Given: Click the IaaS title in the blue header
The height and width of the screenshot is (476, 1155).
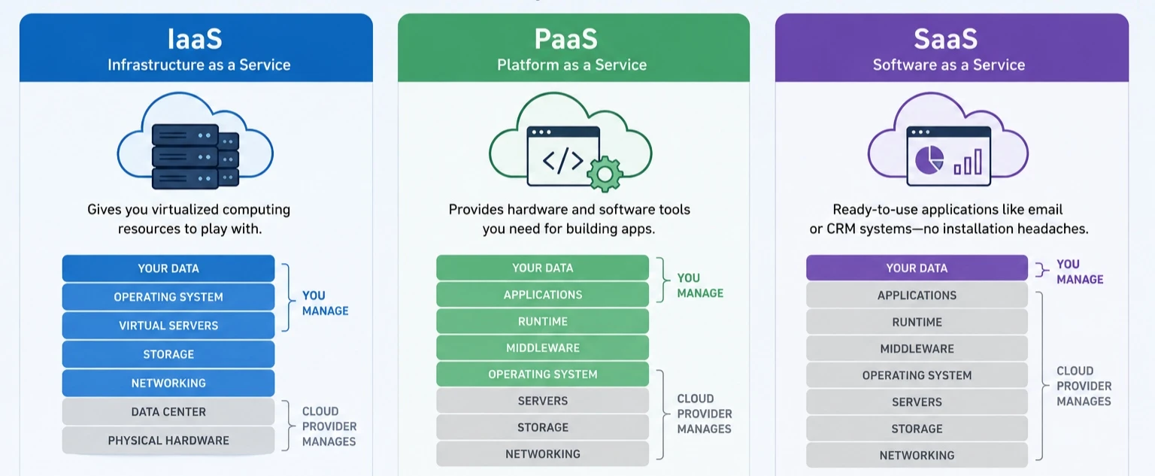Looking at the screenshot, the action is (x=195, y=38).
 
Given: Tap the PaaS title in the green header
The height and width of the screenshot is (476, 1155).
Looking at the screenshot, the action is (x=566, y=38).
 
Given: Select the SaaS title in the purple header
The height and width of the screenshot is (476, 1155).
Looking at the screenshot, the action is (x=946, y=38).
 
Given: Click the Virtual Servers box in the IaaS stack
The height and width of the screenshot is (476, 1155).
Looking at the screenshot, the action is (x=168, y=326).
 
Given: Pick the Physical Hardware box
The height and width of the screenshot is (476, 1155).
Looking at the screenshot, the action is (x=168, y=441).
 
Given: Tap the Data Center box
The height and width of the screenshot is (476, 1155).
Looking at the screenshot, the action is (x=168, y=411).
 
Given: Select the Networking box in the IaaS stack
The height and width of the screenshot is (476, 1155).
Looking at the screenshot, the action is (x=168, y=383).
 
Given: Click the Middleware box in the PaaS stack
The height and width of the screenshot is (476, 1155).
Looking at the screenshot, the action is (x=542, y=347).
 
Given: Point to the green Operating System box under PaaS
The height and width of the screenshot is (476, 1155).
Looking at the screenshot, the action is (x=542, y=374).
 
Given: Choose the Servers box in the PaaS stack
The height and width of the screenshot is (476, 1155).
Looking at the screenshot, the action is (x=542, y=401).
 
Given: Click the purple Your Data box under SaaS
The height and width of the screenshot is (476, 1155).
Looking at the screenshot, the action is (x=917, y=268).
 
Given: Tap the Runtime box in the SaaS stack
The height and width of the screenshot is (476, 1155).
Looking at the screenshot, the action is (x=917, y=322).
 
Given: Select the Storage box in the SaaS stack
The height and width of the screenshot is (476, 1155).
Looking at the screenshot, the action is (x=917, y=429).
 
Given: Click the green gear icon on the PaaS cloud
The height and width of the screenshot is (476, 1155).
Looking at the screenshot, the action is (x=605, y=174).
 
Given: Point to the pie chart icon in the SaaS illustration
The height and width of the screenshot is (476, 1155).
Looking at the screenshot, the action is (x=929, y=160).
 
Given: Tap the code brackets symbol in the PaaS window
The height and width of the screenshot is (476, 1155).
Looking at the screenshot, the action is (x=563, y=160).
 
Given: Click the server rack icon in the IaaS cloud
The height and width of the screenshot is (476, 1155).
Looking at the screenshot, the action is (x=195, y=156).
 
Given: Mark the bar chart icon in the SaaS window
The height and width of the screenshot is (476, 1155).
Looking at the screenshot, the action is (x=968, y=162).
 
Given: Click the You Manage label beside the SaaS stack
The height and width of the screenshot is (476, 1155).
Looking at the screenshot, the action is (x=1080, y=271).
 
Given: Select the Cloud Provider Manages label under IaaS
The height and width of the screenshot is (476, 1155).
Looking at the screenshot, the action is (x=329, y=426).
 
